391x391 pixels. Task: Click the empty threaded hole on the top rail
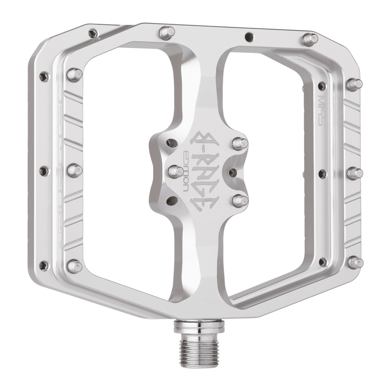[247, 35]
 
